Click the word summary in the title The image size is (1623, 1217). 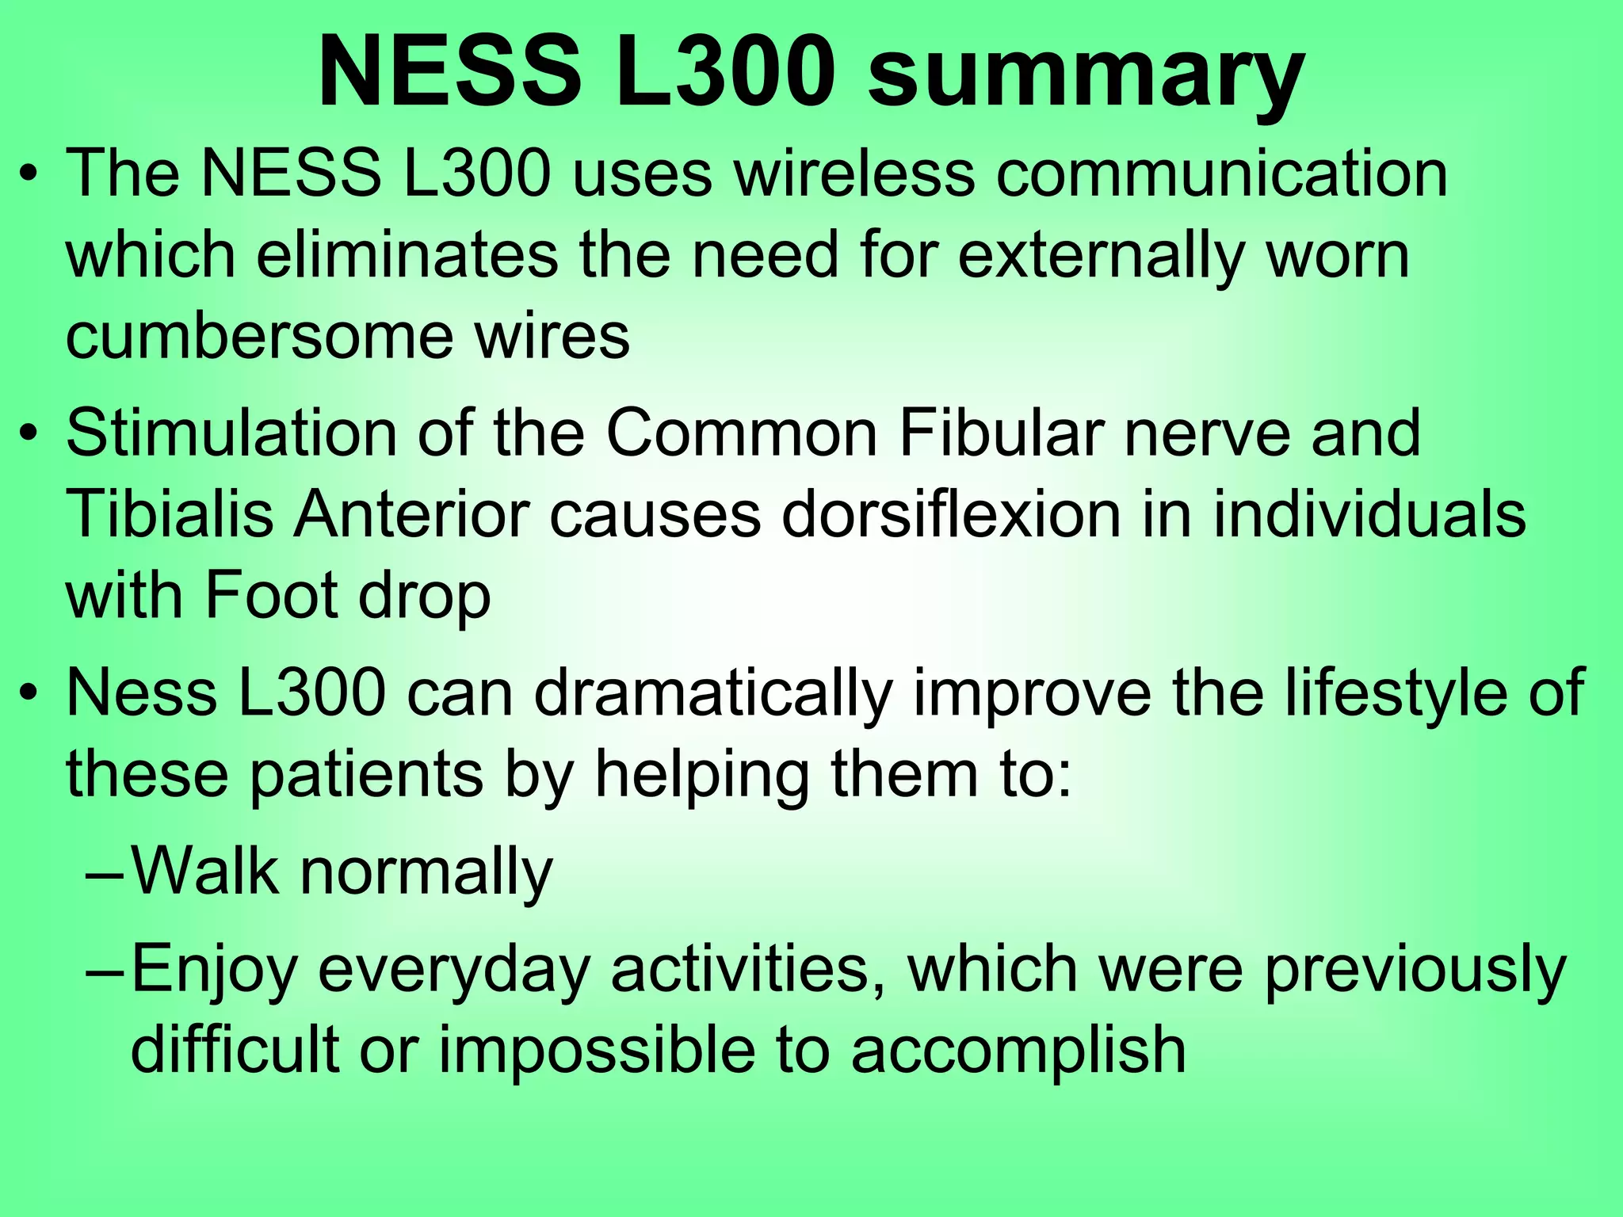coord(1085,76)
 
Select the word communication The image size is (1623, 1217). coord(1221,174)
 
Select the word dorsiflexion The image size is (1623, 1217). coord(951,514)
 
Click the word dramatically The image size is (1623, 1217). coord(712,694)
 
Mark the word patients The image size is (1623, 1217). coord(365,775)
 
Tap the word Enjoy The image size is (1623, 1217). coord(214,970)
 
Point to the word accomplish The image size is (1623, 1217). coord(1019,1049)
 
